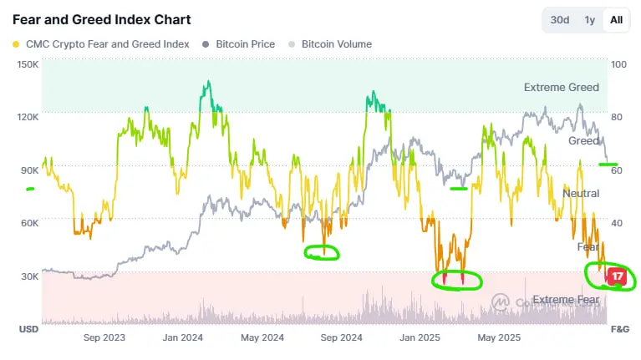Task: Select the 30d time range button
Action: click(560, 20)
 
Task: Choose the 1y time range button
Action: click(590, 20)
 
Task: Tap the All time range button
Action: click(616, 20)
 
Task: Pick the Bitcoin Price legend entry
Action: click(245, 44)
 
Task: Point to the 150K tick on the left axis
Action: click(28, 64)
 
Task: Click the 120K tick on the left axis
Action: click(28, 118)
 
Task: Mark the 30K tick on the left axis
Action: click(29, 276)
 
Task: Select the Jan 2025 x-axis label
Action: click(420, 338)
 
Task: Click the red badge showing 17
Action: click(618, 276)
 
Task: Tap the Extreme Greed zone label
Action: click(561, 87)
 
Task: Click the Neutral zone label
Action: click(581, 194)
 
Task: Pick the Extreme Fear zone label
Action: click(565, 300)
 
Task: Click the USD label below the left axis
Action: click(29, 329)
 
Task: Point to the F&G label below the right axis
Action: click(619, 329)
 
